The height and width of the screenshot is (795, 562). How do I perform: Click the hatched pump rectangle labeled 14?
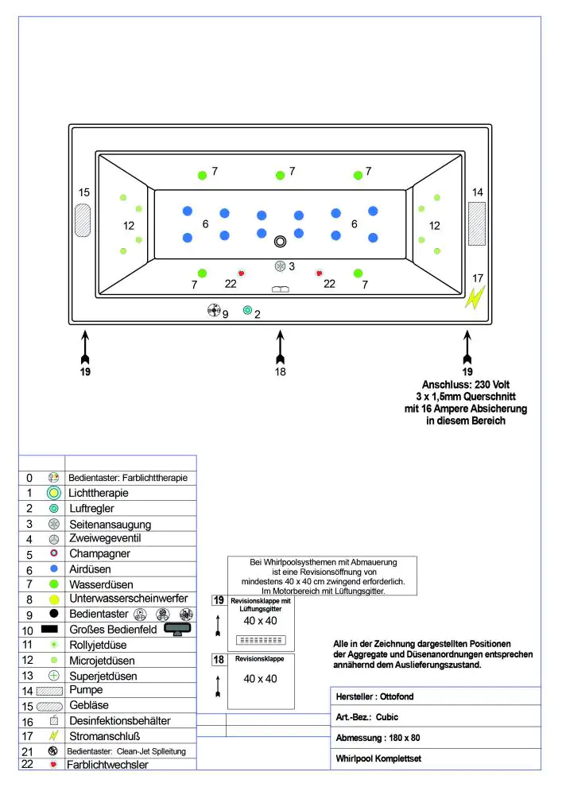click(x=477, y=218)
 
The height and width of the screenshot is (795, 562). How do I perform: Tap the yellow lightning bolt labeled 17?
click(x=475, y=297)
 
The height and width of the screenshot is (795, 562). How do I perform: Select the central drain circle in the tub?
click(x=280, y=242)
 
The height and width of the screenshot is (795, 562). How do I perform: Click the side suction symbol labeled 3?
click(x=280, y=266)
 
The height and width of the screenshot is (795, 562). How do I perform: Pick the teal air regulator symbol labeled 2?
click(x=247, y=310)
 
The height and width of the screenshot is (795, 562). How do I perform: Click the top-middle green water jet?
click(x=280, y=176)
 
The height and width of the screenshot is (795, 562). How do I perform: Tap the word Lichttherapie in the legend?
click(x=99, y=493)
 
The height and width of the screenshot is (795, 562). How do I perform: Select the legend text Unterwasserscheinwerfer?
click(x=128, y=598)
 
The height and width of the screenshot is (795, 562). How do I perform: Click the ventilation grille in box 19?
click(x=262, y=640)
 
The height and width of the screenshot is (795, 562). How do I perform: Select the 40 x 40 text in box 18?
click(x=261, y=679)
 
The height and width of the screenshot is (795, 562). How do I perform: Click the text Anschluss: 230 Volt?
click(x=467, y=384)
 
